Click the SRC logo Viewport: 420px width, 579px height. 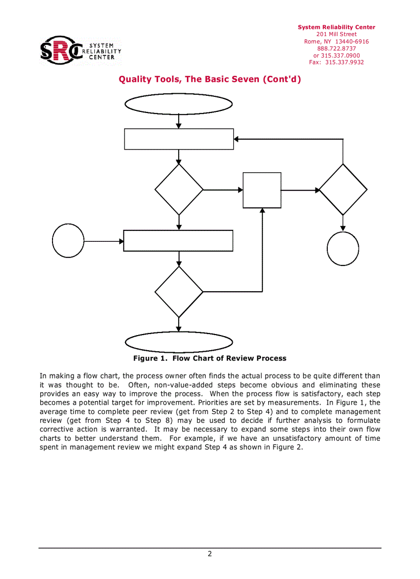coord(80,49)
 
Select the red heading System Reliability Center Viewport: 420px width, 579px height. coord(337,27)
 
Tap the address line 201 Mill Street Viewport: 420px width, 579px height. coord(337,35)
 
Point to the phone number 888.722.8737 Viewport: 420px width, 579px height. coord(337,48)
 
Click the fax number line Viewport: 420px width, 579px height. coord(337,62)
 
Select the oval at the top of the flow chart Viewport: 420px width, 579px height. coord(179,104)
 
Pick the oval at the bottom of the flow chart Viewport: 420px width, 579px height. coord(179,342)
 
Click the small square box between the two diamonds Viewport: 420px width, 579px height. coord(262,190)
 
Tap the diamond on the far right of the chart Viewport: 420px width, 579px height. coord(343,190)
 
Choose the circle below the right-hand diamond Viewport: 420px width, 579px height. coord(343,249)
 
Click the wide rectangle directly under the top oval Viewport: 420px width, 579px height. coord(179,139)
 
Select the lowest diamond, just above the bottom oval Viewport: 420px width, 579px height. coord(179,292)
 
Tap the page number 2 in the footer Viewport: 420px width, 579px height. coord(209,554)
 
